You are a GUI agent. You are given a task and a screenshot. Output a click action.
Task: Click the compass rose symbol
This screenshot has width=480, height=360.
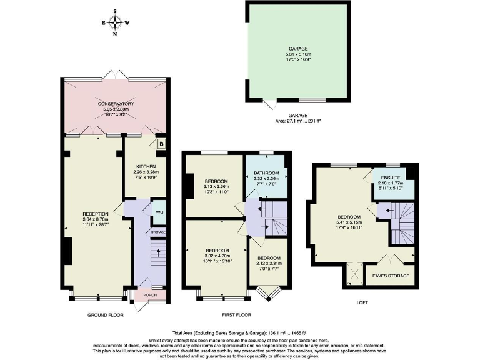coord(115,22)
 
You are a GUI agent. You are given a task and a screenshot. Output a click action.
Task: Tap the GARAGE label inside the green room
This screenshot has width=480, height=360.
coord(297,48)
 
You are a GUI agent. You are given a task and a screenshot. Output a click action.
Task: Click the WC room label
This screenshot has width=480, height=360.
coord(159,212)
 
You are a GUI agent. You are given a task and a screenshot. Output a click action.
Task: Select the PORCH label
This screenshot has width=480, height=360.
coord(151,295)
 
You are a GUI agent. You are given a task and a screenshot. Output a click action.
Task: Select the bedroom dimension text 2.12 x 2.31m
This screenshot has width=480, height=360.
coord(268,264)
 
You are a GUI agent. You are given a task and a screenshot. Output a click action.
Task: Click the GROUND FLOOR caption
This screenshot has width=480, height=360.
coord(104,314)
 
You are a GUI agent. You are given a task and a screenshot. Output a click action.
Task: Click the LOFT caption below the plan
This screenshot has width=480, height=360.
coord(362,302)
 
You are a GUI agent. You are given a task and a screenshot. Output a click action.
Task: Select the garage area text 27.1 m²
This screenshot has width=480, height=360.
coord(297,120)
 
